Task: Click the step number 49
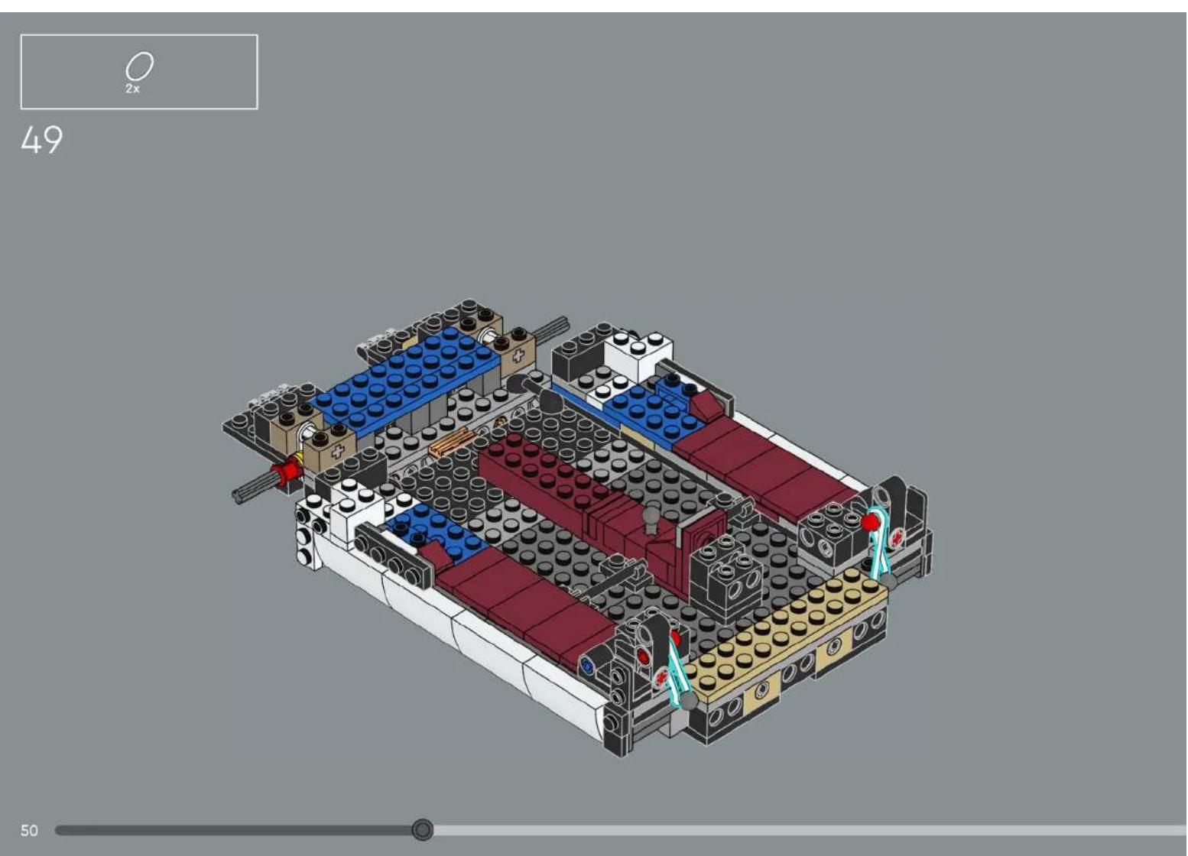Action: [x=42, y=141]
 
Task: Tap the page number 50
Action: [x=29, y=830]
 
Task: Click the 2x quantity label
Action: [x=132, y=89]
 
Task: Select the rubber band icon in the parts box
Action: [x=139, y=66]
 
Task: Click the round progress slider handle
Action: [x=422, y=829]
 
